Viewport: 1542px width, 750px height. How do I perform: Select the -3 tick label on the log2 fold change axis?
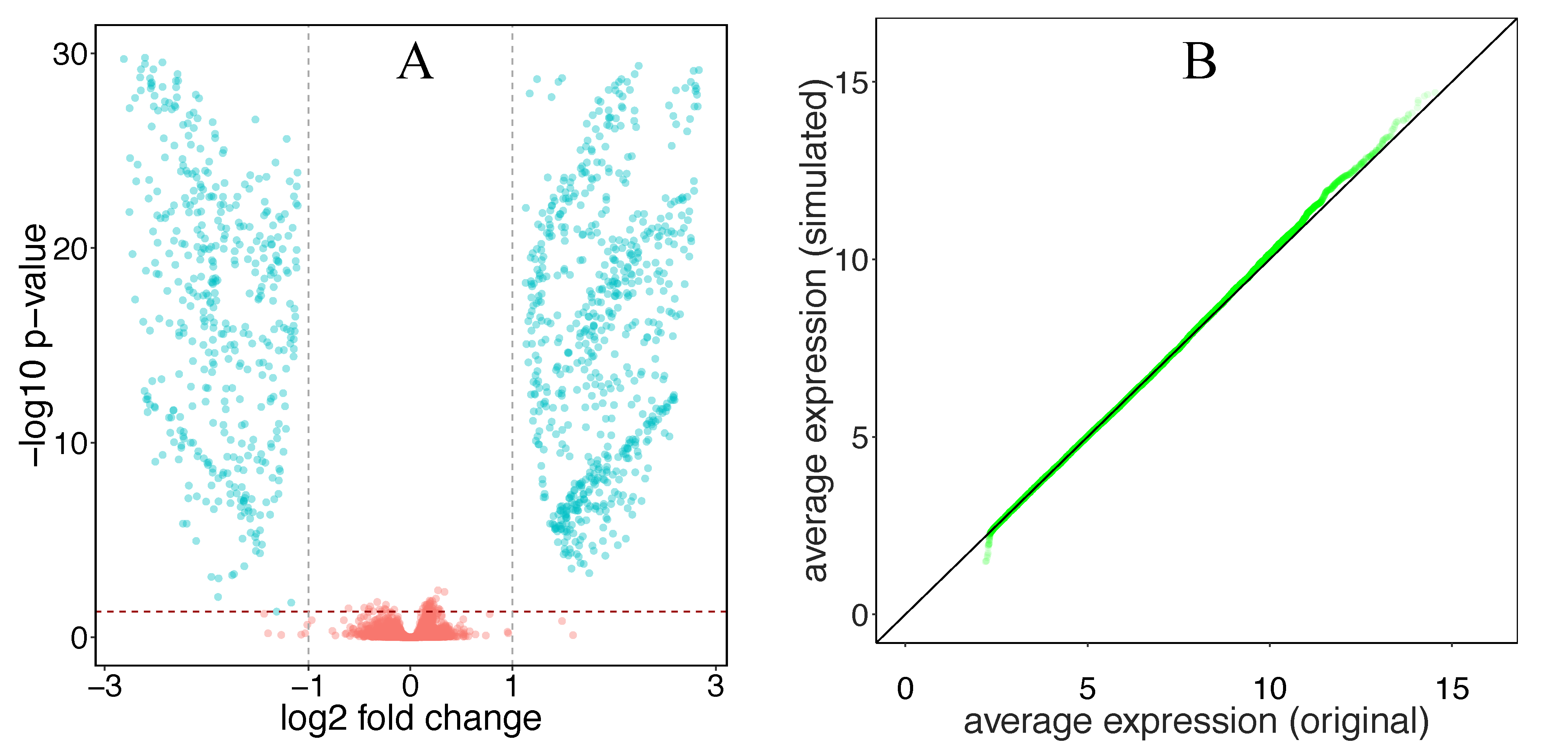point(105,686)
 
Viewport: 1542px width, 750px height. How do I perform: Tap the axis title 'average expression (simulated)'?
point(815,330)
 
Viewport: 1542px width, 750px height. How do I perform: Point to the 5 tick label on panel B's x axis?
point(1087,689)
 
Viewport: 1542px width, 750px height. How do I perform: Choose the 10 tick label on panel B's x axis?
point(1270,689)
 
